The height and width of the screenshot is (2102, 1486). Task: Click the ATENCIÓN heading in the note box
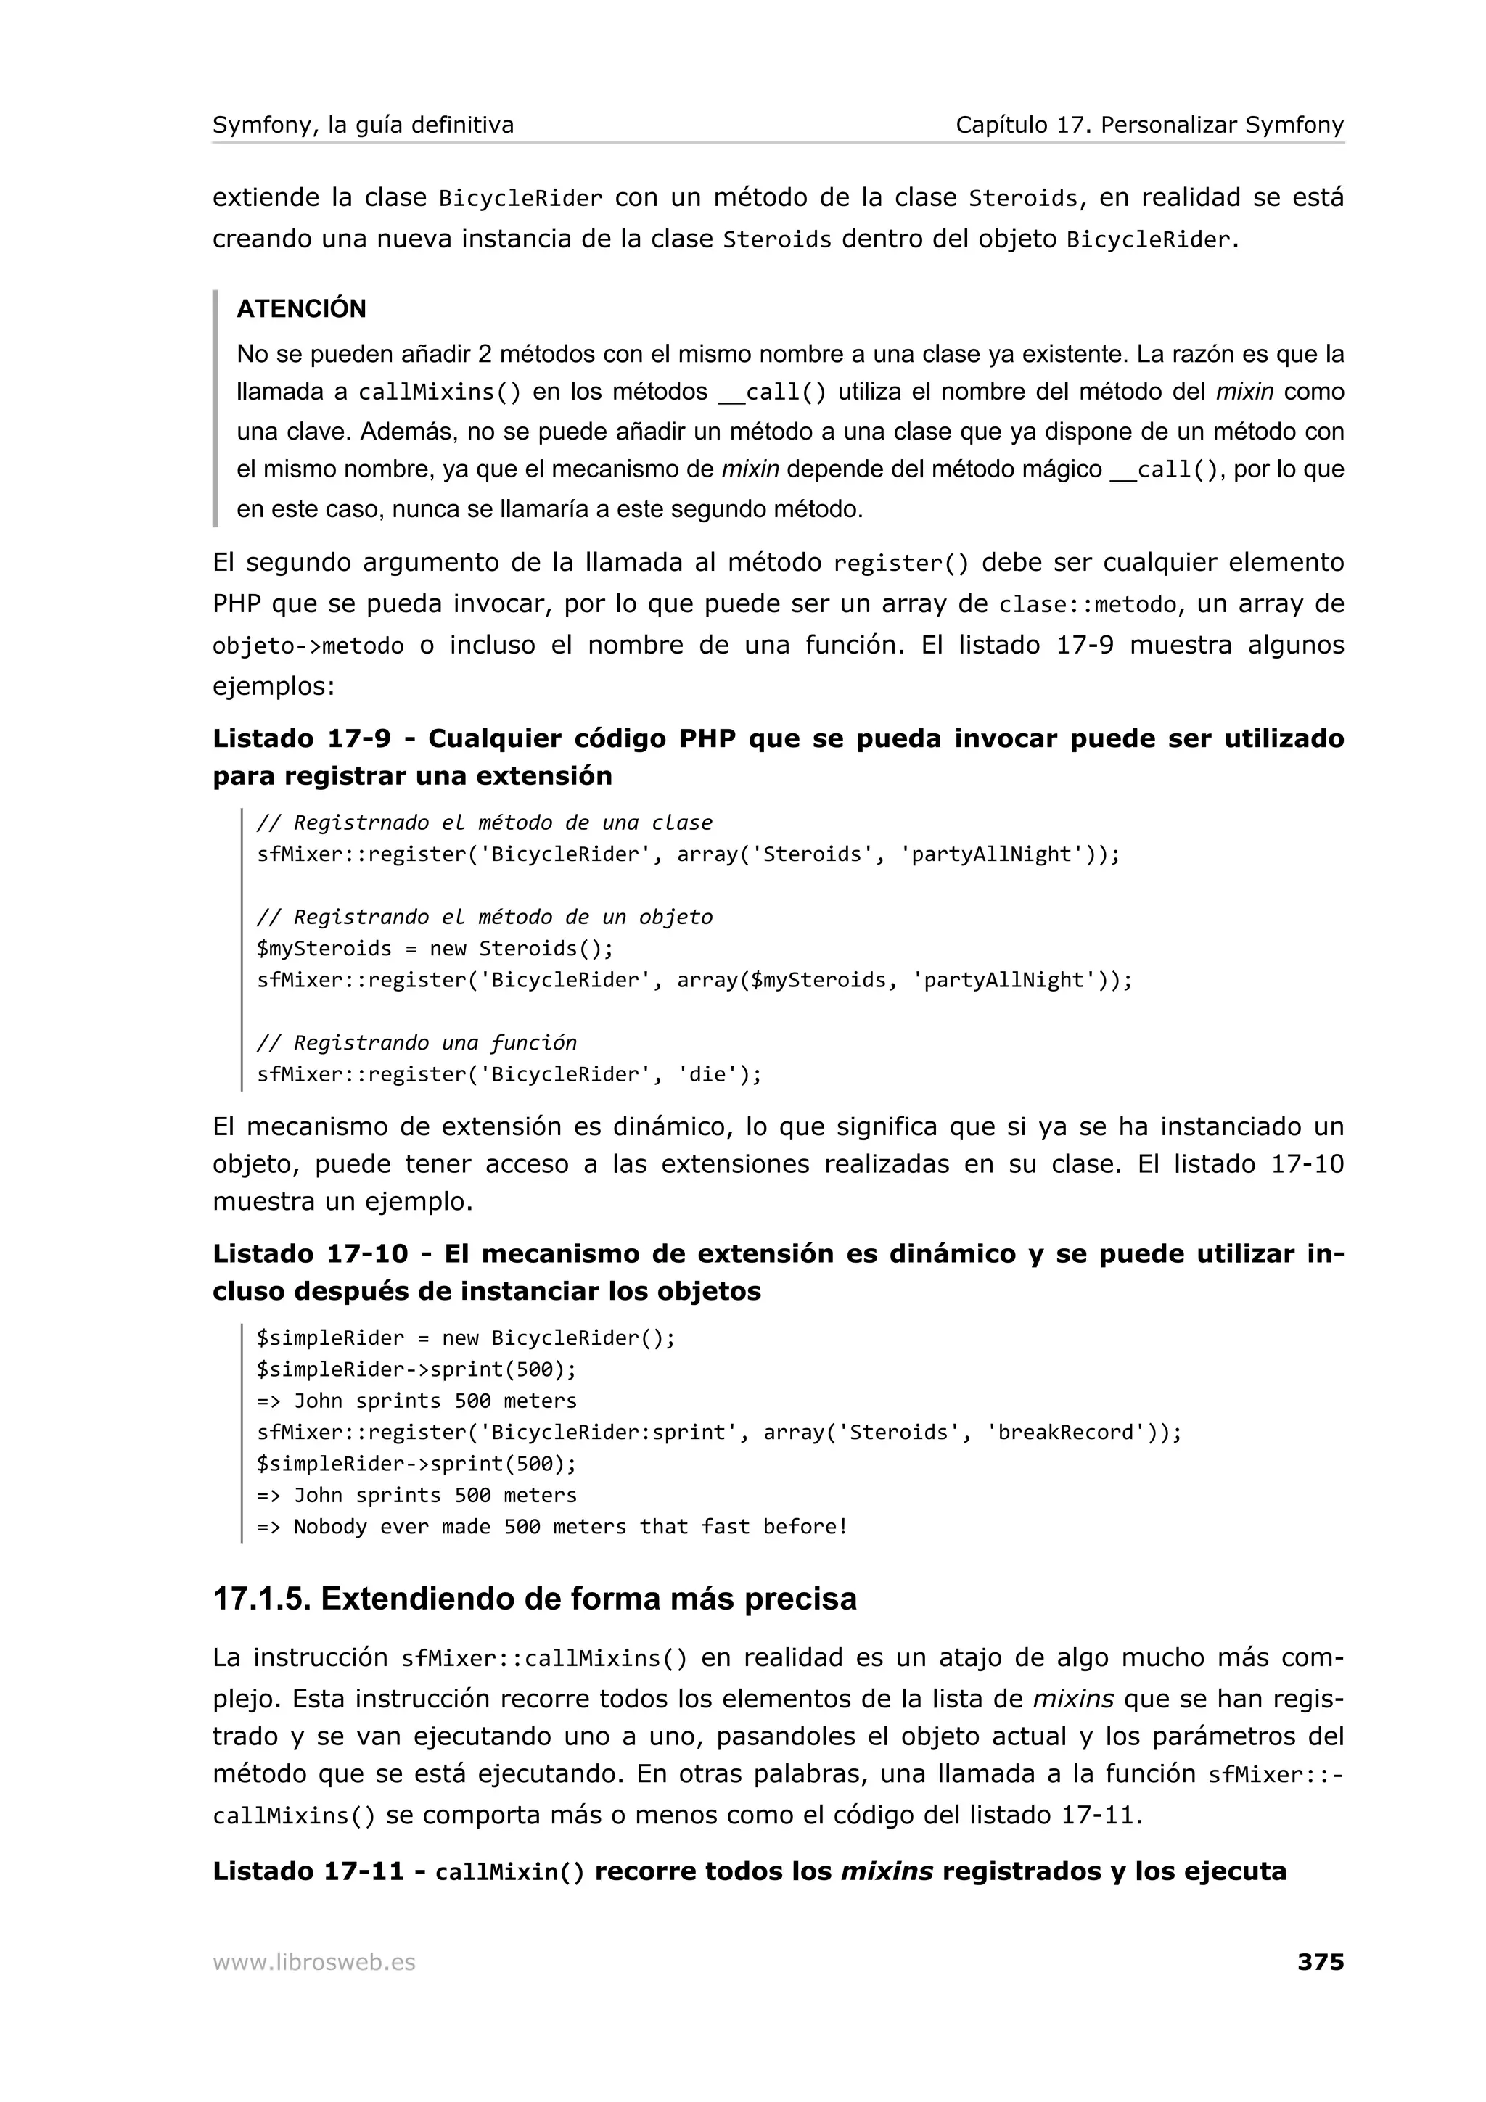pos(301,308)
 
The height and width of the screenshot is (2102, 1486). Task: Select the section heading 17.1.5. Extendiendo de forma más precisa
pos(535,1599)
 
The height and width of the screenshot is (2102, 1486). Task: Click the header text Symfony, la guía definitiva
pos(363,125)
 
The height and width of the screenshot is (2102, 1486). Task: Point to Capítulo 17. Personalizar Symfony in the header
pos(1149,125)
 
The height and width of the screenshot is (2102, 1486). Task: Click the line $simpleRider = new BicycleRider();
pos(465,1338)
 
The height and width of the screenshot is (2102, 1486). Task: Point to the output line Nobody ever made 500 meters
pos(570,1526)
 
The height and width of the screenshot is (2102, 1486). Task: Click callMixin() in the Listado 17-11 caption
pos(509,1871)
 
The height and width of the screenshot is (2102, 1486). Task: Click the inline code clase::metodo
pos(1087,605)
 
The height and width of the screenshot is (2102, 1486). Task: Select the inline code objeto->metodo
pos(308,646)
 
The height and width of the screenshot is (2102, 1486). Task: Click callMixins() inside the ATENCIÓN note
pos(438,392)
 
